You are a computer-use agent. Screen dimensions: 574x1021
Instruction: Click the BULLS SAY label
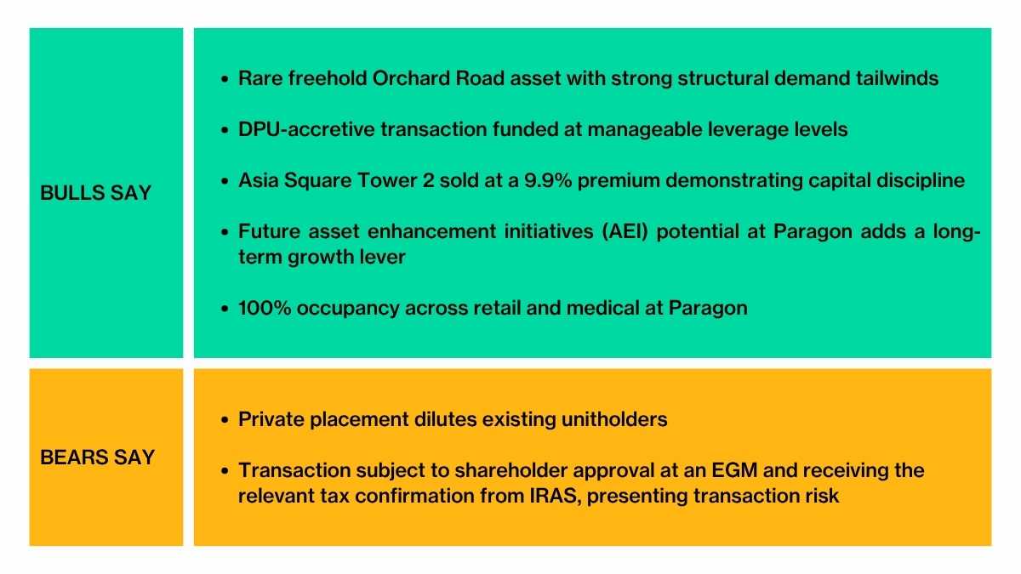[x=95, y=193]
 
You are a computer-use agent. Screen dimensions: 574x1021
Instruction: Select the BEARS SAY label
[x=97, y=457]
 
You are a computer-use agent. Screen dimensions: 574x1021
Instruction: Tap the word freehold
[x=328, y=78]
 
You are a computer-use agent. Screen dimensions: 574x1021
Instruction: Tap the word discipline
[x=923, y=181]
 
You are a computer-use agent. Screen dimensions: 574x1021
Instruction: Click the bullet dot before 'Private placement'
[x=224, y=420]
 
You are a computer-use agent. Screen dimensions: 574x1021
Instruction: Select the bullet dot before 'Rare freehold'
[x=224, y=79]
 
